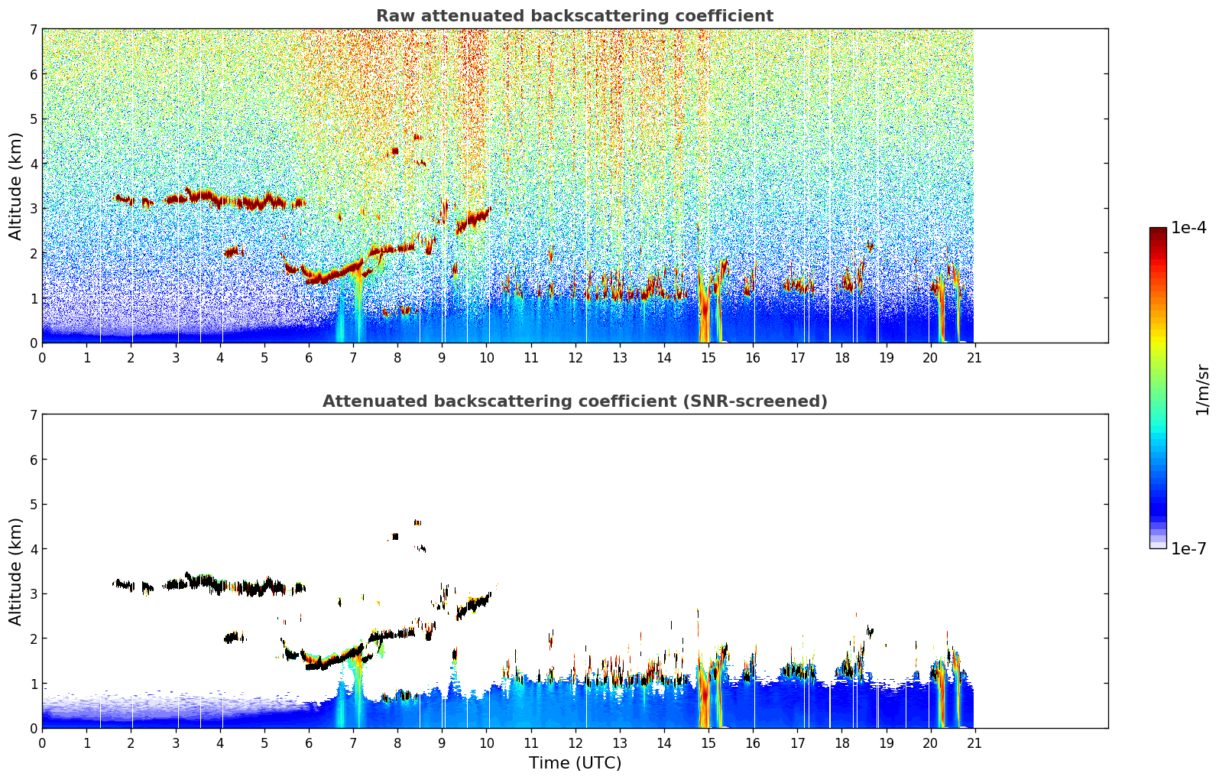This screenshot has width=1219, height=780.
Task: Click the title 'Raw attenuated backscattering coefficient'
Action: click(x=575, y=16)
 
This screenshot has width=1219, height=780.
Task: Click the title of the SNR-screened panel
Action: click(x=575, y=401)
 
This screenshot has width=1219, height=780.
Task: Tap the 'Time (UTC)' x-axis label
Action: click(x=575, y=763)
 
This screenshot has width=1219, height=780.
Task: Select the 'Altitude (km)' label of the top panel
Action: click(x=15, y=186)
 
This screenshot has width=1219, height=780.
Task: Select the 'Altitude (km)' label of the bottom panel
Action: click(x=15, y=571)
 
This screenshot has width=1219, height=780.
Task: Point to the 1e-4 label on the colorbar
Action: click(x=1188, y=228)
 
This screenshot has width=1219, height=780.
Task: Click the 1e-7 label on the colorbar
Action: click(x=1188, y=549)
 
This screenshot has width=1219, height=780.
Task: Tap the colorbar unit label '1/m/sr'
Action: click(x=1202, y=390)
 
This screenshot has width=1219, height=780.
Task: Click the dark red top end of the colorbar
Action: click(x=1158, y=231)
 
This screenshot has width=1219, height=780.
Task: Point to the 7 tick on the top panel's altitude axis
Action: click(x=34, y=29)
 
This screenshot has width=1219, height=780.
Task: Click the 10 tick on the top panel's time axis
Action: click(x=486, y=357)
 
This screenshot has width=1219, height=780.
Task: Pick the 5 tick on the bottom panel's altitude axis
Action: click(x=34, y=505)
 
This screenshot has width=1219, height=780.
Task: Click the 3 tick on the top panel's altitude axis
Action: click(x=34, y=209)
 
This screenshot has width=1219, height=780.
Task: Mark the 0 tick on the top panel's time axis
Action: click(x=42, y=357)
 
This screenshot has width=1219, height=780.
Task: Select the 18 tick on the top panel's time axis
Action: click(x=841, y=357)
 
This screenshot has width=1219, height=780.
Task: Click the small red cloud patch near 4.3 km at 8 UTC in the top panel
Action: click(x=394, y=151)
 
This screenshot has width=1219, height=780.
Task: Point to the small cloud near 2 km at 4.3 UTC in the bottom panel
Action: click(x=233, y=637)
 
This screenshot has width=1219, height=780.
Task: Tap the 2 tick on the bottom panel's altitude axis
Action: click(x=34, y=639)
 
